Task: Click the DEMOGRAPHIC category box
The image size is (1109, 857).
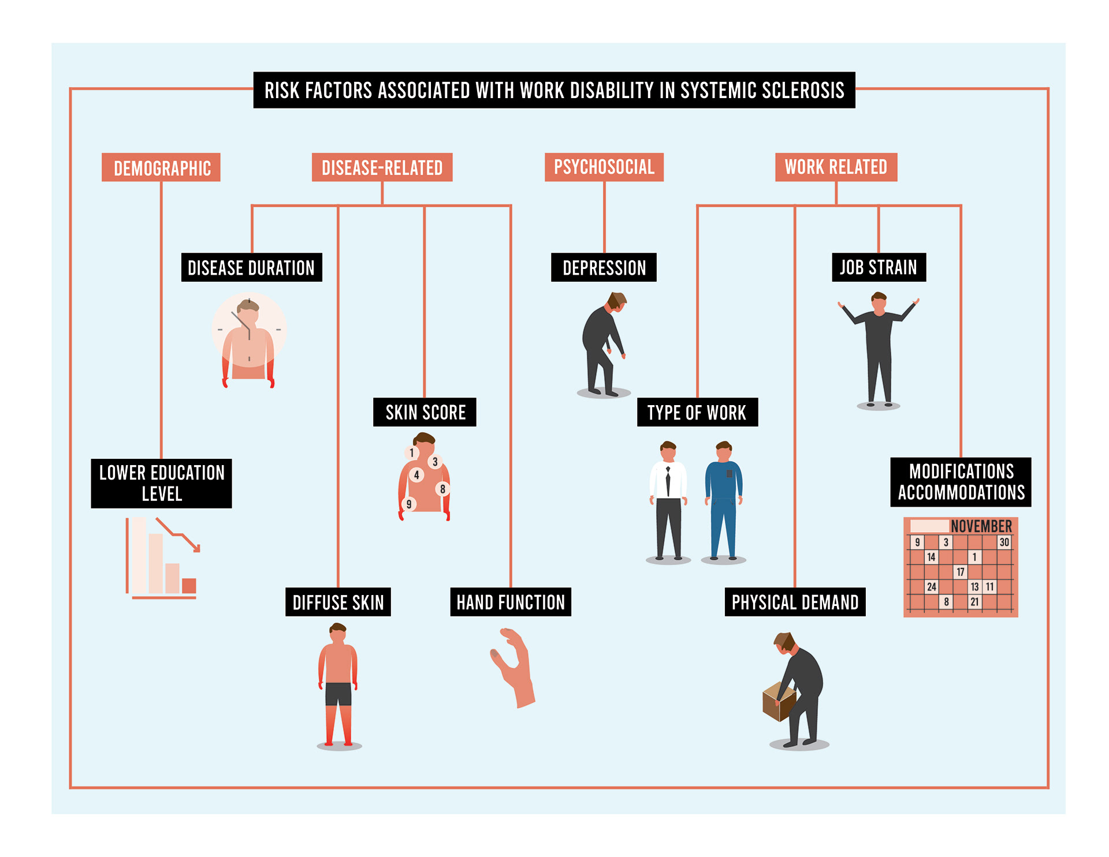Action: tap(161, 168)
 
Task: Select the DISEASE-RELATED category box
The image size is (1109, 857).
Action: tap(382, 168)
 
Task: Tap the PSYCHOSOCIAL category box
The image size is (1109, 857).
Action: tap(604, 167)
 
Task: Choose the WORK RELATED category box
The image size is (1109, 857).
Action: tap(836, 167)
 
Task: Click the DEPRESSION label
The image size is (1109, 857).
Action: tap(604, 268)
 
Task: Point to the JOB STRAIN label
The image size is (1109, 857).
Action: tap(879, 268)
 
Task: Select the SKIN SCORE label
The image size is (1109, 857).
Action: tap(425, 413)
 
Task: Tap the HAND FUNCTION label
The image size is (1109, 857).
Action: tap(511, 602)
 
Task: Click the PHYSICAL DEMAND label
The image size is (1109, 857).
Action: tap(795, 602)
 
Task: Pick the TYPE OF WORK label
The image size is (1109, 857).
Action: tap(697, 413)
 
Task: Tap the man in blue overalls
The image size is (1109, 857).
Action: tap(723, 502)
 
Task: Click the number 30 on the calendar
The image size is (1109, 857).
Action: tap(1004, 542)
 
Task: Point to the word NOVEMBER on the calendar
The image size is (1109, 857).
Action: tap(981, 526)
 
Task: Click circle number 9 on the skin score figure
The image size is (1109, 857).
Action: tap(409, 504)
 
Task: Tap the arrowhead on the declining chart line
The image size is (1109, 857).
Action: tap(196, 548)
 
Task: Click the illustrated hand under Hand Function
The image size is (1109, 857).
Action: tap(516, 669)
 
